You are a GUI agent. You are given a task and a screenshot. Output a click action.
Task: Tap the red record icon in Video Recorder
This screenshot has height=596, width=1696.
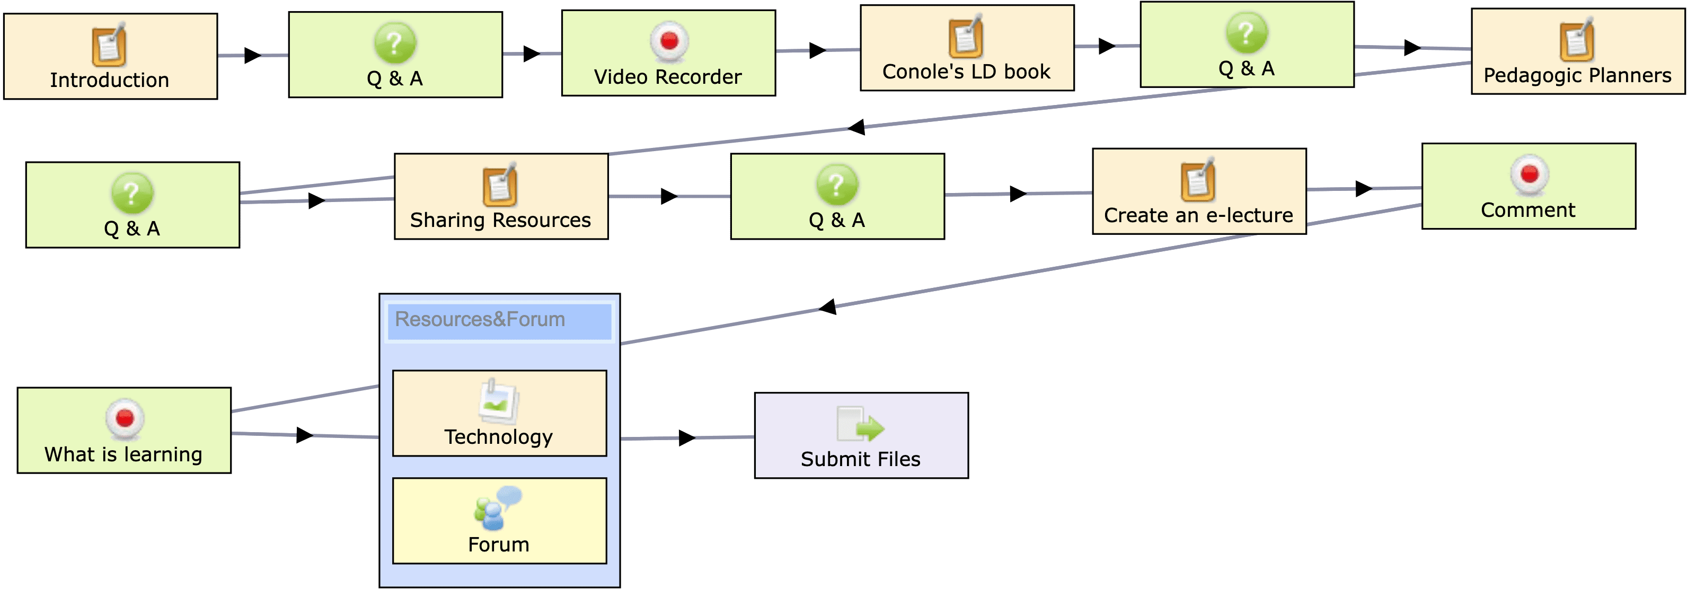point(669,41)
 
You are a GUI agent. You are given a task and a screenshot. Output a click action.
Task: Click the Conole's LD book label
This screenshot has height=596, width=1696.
point(966,72)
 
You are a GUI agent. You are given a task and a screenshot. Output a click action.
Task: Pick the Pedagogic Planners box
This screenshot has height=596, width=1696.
point(1577,51)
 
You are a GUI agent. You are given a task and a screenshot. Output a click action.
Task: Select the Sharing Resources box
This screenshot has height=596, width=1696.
point(501,196)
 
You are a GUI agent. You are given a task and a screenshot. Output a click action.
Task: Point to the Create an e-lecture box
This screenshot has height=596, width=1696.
point(1199,191)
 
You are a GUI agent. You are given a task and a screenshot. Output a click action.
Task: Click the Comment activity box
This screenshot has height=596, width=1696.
point(1528,186)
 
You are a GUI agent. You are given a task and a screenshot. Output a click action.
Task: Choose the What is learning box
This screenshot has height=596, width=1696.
point(124,430)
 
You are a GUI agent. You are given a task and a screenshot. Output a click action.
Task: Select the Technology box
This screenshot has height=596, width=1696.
point(499,413)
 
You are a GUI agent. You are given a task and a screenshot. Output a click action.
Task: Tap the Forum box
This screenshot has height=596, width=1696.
point(499,520)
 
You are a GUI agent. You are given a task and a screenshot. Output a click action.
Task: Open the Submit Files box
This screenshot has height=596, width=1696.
point(861,435)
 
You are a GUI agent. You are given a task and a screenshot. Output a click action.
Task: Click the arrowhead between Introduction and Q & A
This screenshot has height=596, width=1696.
point(252,55)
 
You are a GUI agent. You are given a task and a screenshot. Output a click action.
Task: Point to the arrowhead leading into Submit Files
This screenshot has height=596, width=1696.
point(687,438)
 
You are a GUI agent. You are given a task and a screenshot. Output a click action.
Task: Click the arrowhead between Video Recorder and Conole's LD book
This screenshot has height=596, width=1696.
point(817,50)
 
